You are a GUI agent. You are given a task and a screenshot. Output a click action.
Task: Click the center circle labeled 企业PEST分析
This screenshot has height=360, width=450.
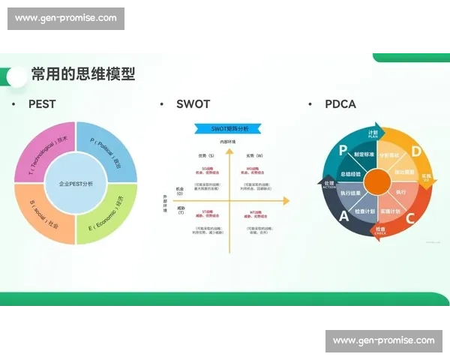coord(76,183)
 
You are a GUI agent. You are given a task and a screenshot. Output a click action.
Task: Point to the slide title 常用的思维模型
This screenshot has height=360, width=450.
coord(82,73)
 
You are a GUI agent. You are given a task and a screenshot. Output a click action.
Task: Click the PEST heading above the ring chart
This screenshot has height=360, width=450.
coord(42,104)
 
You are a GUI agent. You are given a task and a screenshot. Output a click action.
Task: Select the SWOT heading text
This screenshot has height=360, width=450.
coord(193,104)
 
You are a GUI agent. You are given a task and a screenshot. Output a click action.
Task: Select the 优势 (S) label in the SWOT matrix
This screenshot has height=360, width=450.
coord(205,155)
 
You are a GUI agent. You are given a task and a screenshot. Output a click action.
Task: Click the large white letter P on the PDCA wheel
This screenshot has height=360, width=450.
coord(343,151)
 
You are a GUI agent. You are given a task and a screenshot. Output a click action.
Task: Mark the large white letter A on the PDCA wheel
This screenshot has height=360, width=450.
coord(343,216)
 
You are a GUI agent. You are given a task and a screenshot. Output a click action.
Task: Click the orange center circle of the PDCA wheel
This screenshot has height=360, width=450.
coord(378,183)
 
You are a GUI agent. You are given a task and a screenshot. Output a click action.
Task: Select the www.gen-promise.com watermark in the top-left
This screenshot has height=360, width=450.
coord(66,18)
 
